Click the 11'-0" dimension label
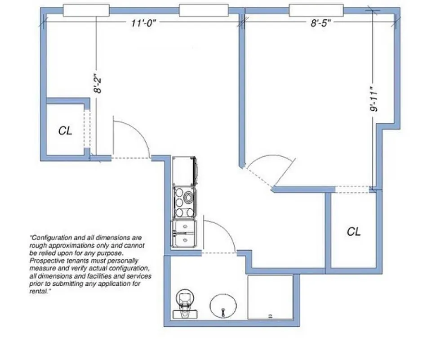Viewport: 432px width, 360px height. (x=143, y=24)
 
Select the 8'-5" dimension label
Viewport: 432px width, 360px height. (x=321, y=24)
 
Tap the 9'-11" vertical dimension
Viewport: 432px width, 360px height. (x=373, y=101)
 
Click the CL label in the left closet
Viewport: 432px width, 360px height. (x=65, y=131)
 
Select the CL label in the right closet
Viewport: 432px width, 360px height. (x=354, y=232)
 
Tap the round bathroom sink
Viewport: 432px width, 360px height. (x=223, y=306)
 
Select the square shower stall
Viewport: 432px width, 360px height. (x=270, y=297)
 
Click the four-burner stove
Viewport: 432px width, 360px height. (x=184, y=202)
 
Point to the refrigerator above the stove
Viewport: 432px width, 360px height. (x=185, y=171)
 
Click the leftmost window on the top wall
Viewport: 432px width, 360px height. (x=86, y=10)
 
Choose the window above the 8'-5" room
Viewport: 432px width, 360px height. (x=316, y=10)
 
